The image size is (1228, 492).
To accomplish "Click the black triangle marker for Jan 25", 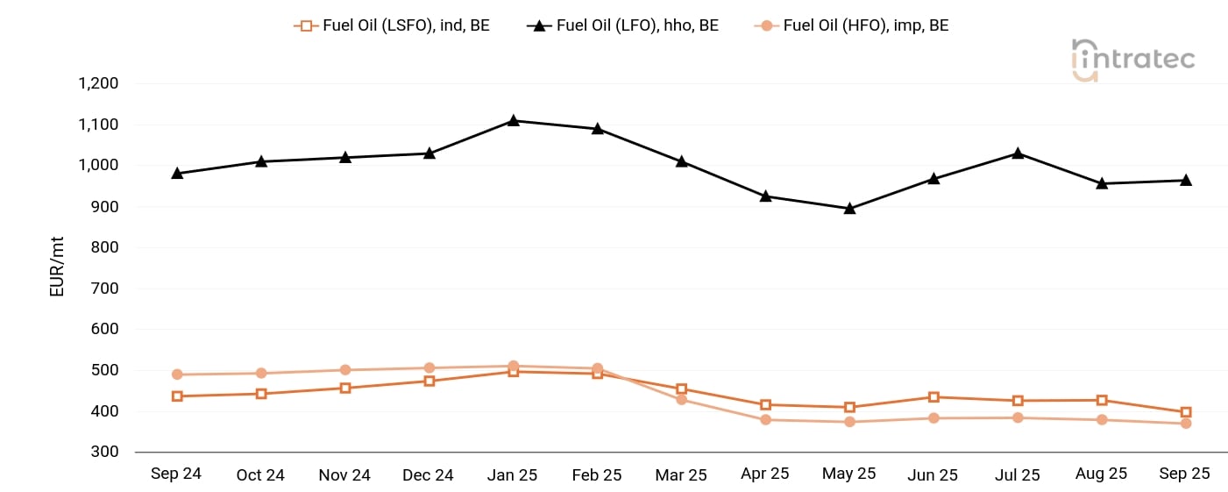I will coord(514,120).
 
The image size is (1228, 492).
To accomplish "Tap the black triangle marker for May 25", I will coord(849,209).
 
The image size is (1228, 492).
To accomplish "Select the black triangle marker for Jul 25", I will coord(1018,153).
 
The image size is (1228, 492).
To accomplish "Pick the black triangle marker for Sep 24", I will coord(177,174).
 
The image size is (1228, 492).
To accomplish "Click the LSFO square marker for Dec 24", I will coord(429,381).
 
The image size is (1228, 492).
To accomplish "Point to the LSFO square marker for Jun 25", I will coord(933,397).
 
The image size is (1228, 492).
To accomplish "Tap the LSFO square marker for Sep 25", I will coord(1186,412).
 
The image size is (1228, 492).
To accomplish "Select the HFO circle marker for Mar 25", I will coord(681,400).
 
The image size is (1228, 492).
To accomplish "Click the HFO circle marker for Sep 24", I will coord(177,374).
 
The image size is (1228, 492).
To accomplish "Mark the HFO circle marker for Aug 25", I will coord(1102,420).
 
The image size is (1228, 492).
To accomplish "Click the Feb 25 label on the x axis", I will coord(597,474).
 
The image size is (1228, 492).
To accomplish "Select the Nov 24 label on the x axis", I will coord(344,474).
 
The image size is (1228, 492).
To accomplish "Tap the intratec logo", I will coord(1132,60).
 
